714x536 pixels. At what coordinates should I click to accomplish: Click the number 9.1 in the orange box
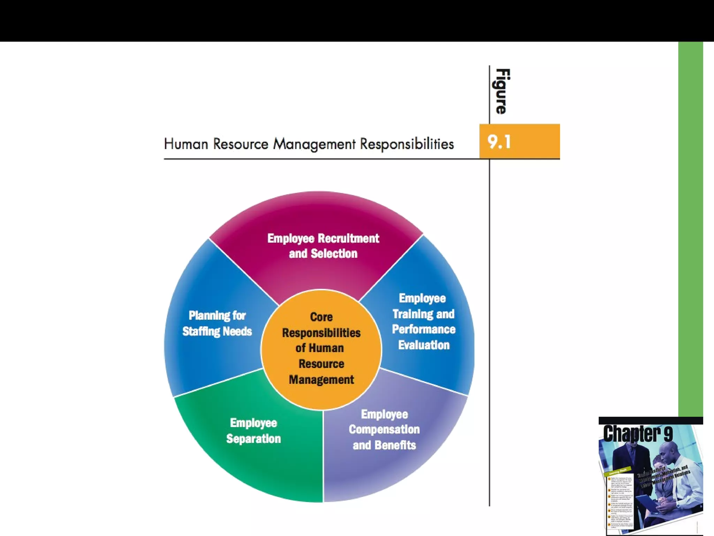pyautogui.click(x=499, y=142)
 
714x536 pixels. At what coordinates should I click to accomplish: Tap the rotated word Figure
pyautogui.click(x=502, y=91)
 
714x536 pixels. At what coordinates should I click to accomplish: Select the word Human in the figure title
pyautogui.click(x=186, y=144)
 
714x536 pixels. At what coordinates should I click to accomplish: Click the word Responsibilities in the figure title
pyautogui.click(x=407, y=144)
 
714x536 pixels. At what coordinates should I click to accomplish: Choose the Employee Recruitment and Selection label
pyautogui.click(x=323, y=246)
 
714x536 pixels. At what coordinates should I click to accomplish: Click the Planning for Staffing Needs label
pyautogui.click(x=217, y=323)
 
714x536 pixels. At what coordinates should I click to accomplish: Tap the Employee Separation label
pyautogui.click(x=253, y=431)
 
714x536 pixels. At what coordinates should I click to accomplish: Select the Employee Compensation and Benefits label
pyautogui.click(x=384, y=430)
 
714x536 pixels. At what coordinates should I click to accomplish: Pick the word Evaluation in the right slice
pyautogui.click(x=424, y=345)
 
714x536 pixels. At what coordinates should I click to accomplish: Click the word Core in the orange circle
pyautogui.click(x=321, y=317)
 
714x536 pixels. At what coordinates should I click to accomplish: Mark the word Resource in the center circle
pyautogui.click(x=321, y=364)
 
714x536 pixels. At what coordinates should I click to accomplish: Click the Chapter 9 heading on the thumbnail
pyautogui.click(x=638, y=434)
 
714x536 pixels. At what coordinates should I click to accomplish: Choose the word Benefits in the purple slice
pyautogui.click(x=395, y=445)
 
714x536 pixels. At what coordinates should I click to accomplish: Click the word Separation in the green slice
pyautogui.click(x=253, y=439)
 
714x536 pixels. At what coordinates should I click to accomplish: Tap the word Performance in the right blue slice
pyautogui.click(x=424, y=329)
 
